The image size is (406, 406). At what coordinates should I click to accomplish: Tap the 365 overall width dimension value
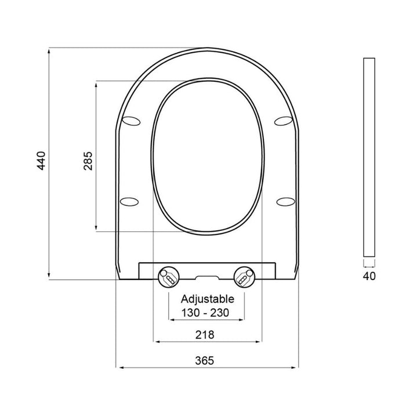coord(205,360)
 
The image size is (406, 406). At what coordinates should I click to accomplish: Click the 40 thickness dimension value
coord(368,275)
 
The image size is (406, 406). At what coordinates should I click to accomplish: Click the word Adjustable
coord(207,300)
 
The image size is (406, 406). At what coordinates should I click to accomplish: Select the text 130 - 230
coord(205,313)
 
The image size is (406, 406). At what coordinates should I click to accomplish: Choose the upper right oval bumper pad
coord(283,121)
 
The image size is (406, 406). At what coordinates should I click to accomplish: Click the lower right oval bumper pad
coord(286,201)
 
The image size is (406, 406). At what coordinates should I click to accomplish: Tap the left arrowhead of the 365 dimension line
coord(119,367)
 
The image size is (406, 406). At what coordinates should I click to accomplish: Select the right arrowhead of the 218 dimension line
coord(261,342)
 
